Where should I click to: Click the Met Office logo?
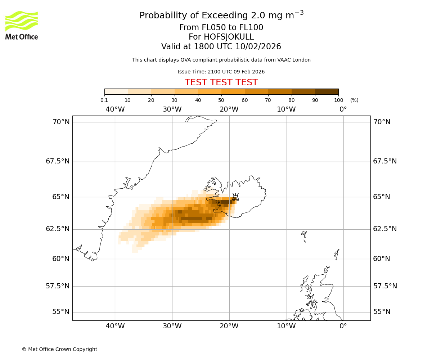click(22, 25)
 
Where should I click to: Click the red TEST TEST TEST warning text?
click(221, 82)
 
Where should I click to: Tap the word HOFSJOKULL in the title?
click(221, 37)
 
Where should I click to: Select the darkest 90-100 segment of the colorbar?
click(327, 91)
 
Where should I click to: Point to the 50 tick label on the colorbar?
click(221, 100)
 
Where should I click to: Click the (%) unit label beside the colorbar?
click(354, 100)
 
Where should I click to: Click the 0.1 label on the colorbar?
click(104, 100)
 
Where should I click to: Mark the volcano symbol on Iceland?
click(235, 197)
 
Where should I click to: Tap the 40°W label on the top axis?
click(115, 109)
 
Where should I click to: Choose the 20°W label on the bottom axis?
click(229, 326)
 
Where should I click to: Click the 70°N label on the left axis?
click(61, 122)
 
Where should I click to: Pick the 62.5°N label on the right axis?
click(384, 229)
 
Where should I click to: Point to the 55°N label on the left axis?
click(61, 312)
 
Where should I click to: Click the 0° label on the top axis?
click(343, 109)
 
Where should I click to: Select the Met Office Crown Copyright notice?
click(59, 349)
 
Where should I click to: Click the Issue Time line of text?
click(221, 72)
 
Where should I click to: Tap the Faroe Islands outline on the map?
click(305, 235)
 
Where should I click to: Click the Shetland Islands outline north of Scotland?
click(337, 254)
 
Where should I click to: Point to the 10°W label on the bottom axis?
click(286, 326)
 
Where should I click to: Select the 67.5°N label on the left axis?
click(58, 161)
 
